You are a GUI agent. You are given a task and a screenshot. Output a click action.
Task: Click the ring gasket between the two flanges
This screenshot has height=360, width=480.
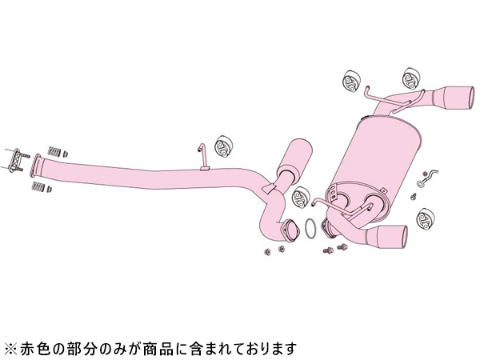(310, 229)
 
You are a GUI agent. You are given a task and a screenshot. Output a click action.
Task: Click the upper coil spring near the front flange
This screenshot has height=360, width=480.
(54, 151)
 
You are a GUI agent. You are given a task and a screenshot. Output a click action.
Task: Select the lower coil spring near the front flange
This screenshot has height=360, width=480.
(38, 186)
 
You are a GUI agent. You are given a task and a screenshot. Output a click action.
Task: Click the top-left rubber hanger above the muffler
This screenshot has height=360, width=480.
(351, 80)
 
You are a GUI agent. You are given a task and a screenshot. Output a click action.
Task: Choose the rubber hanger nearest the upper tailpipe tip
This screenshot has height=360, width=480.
(411, 78)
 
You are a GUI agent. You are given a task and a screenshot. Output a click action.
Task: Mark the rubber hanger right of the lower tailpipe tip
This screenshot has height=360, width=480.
(426, 219)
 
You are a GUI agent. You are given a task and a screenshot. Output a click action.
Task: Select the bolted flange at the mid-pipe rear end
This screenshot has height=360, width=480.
(290, 230)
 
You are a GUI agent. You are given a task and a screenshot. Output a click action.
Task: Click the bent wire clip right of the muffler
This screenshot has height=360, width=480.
(427, 178)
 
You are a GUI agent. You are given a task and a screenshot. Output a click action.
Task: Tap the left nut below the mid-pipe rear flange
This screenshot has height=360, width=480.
(267, 252)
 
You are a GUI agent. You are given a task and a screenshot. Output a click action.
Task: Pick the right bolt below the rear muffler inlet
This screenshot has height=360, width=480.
(342, 246)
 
